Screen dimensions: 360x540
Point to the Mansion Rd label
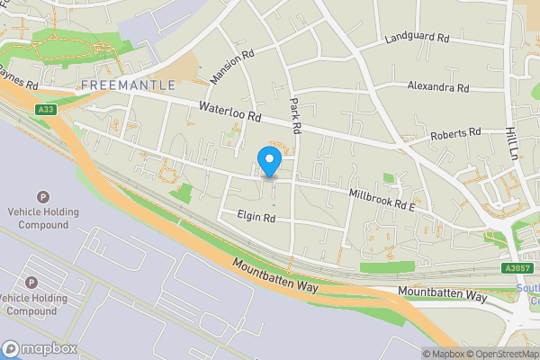(x=232, y=67)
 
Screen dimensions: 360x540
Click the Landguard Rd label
(x=416, y=39)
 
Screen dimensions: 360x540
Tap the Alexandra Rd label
(x=437, y=88)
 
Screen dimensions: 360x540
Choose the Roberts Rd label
(x=454, y=133)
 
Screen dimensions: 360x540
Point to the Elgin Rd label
(x=256, y=217)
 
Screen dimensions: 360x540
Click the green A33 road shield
(x=46, y=110)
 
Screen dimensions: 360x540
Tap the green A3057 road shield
(x=517, y=267)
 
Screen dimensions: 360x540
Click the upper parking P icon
(x=41, y=197)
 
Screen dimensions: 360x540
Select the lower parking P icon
(x=32, y=283)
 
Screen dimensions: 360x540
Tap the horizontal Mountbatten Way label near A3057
(x=442, y=295)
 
